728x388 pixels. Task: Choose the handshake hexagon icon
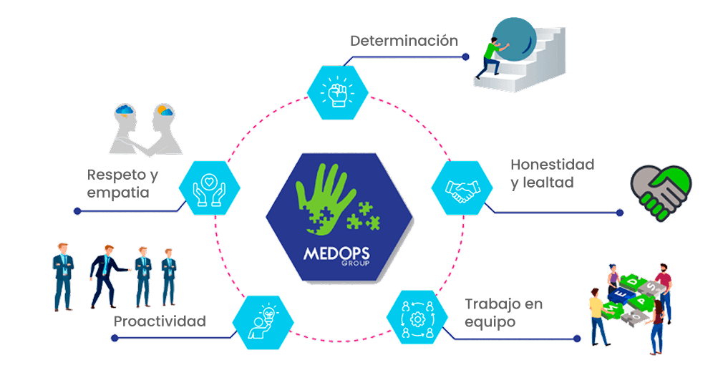click(x=462, y=188)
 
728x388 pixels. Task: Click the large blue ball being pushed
click(x=514, y=39)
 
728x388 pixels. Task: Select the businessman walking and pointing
click(x=107, y=271)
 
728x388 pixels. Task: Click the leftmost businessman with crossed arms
click(x=63, y=276)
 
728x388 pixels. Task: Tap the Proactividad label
click(x=160, y=321)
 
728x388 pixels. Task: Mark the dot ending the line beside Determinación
click(x=466, y=57)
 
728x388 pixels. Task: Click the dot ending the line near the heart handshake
click(x=620, y=213)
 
